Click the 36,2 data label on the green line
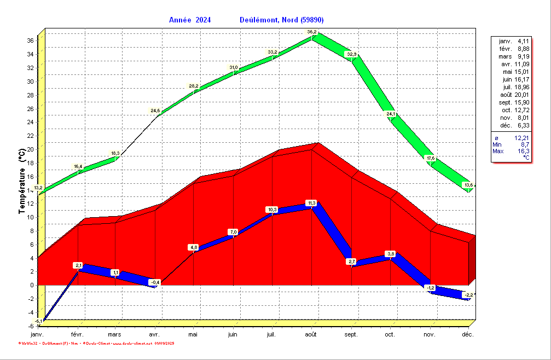pos(311,32)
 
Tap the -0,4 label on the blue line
pos(155,282)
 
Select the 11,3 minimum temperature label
pos(311,203)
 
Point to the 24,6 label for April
pos(155,111)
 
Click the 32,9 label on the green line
pos(351,54)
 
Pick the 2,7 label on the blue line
pos(351,262)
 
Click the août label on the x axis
pos(311,334)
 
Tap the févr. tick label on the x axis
pos(77,334)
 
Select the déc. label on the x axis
pos(467,334)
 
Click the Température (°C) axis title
pos(22,181)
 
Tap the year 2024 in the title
pos(202,20)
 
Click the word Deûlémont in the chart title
pos(259,20)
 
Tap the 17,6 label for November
pos(430,159)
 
